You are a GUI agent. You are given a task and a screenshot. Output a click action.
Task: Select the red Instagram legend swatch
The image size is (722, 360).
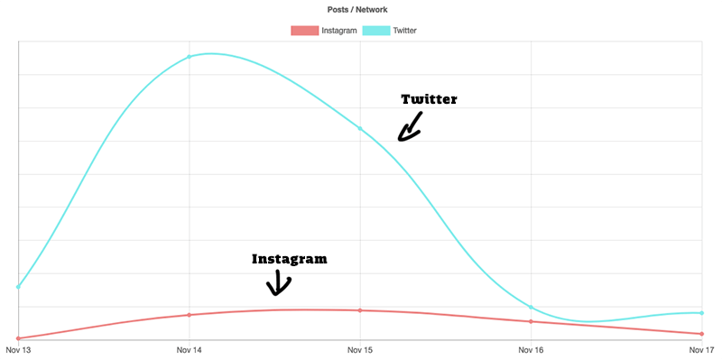[x=304, y=31]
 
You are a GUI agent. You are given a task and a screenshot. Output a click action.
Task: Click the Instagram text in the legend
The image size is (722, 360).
[x=338, y=31]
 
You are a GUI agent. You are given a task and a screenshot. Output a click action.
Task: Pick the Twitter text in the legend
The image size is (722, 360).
[x=404, y=31]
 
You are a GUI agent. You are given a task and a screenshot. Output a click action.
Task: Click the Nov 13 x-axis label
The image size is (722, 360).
[x=18, y=349]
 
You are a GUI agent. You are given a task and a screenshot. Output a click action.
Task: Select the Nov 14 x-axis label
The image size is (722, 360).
[x=189, y=349]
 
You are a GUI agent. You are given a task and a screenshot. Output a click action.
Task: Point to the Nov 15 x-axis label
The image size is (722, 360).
[x=360, y=349]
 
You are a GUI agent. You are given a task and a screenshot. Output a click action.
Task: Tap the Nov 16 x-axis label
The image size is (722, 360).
[x=532, y=349]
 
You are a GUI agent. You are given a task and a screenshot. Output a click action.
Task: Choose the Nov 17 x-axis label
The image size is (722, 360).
[x=701, y=349]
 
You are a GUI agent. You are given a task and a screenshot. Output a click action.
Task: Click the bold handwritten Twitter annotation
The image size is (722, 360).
[x=429, y=99]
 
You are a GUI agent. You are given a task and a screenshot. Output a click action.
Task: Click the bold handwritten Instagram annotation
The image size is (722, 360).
[x=289, y=259]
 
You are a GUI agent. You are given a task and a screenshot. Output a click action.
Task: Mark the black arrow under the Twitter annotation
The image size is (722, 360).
[x=410, y=127]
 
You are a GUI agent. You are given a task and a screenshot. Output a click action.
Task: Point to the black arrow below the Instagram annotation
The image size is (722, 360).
[x=278, y=282]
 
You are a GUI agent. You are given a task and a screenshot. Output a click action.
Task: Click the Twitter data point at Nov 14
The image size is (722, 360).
[x=189, y=57]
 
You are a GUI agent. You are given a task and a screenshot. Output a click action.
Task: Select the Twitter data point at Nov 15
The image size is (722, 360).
[x=360, y=129]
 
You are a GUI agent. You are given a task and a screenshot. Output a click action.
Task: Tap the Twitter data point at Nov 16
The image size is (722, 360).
[x=532, y=308]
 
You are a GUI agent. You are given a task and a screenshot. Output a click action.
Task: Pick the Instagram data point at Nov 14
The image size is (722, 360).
[x=189, y=315]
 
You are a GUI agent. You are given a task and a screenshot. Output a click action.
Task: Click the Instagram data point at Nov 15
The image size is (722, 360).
[x=360, y=310]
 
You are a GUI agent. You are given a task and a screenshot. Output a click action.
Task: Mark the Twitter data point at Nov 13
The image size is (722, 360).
[x=18, y=287]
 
